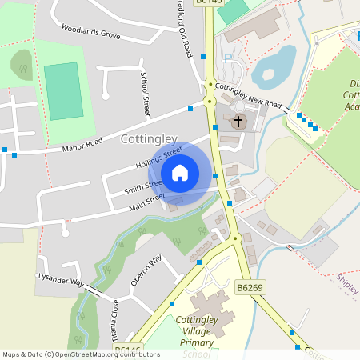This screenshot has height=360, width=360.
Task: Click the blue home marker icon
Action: pyautogui.click(x=180, y=173)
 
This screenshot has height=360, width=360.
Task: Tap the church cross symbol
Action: pyautogui.click(x=238, y=122)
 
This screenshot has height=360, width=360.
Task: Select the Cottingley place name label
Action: pyautogui.click(x=148, y=139)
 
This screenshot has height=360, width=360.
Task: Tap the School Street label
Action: pyautogui.click(x=146, y=94)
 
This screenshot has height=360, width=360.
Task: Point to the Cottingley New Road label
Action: pyautogui.click(x=250, y=97)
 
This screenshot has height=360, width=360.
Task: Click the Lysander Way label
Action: pyautogui.click(x=61, y=282)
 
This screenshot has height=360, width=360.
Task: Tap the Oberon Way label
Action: pyautogui.click(x=146, y=270)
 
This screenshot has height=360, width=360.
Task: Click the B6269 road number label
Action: pyautogui.click(x=250, y=286)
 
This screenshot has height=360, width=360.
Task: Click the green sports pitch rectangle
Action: pyautogui.click(x=62, y=90)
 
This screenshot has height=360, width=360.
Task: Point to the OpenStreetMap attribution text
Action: pyautogui.click(x=70, y=354)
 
